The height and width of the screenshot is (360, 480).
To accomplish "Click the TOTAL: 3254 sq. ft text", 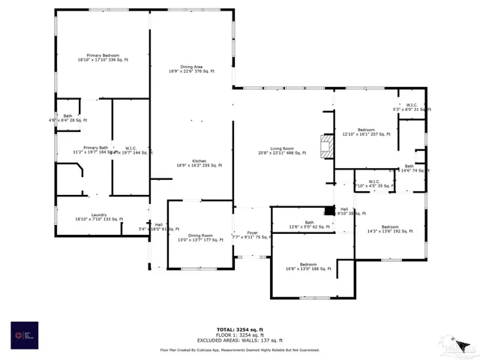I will coord(240,329).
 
